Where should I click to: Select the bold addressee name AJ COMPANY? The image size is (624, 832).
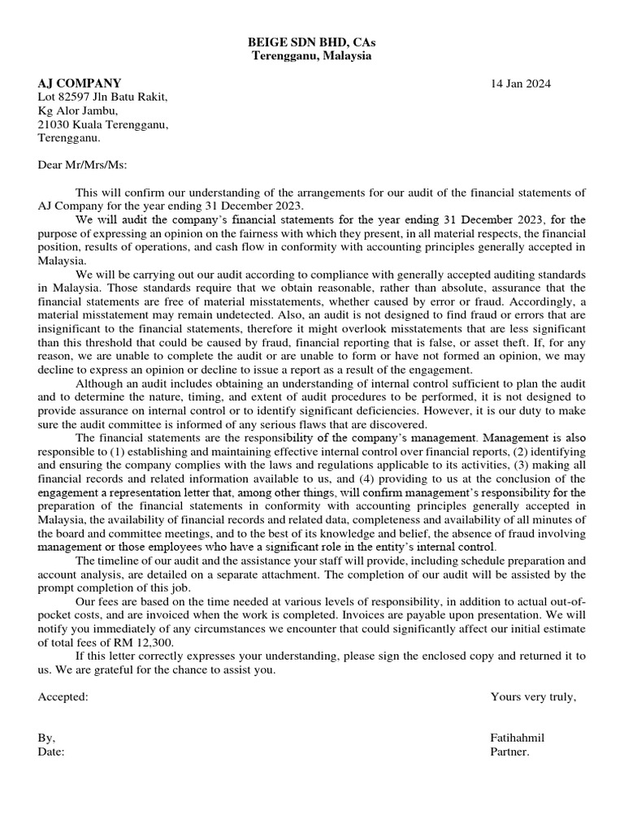[80, 83]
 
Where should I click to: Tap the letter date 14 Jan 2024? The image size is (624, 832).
[520, 84]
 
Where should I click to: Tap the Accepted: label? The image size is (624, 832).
[63, 696]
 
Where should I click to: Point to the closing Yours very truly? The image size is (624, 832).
[533, 696]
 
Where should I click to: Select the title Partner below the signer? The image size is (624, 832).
[509, 752]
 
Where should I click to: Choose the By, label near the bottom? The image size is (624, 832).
[47, 738]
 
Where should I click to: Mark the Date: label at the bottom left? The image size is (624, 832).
[51, 752]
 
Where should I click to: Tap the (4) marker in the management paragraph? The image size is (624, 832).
[328, 479]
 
